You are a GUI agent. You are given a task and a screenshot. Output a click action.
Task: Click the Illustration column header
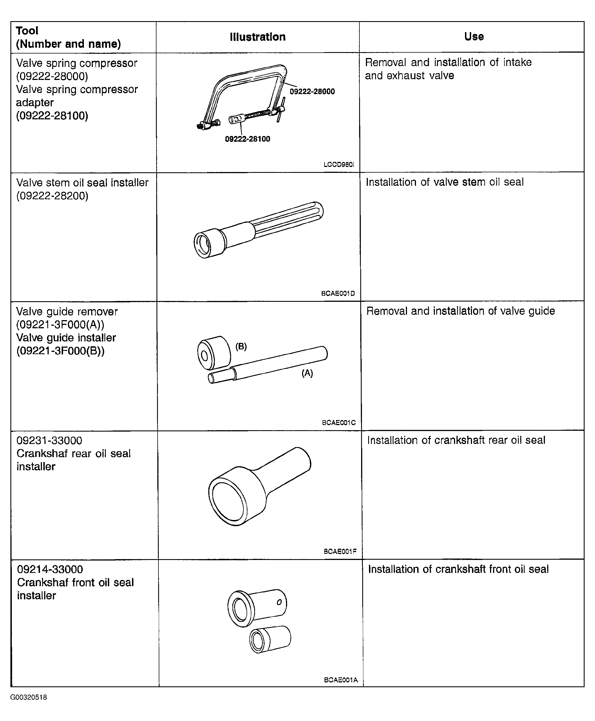point(258,37)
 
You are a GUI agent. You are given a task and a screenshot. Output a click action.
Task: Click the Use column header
point(474,36)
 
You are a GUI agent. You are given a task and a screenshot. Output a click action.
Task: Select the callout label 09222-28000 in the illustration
point(312,91)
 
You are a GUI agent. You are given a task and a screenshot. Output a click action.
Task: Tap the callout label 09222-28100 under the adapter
point(247,139)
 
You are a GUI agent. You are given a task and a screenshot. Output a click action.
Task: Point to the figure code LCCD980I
point(339,165)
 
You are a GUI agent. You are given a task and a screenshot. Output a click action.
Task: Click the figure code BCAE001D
point(338,293)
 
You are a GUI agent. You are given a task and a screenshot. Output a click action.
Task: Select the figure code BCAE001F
point(340,551)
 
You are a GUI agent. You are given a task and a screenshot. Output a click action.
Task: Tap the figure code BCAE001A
point(341,680)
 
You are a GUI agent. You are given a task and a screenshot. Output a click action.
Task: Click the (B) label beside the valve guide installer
point(241,346)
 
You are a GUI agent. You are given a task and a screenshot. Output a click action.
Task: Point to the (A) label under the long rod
point(307,373)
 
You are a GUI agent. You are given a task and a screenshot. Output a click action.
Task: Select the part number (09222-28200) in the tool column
point(52,196)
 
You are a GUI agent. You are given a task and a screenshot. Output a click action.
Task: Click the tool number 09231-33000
point(49,440)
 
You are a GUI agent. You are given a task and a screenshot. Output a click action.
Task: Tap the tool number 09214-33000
point(50,569)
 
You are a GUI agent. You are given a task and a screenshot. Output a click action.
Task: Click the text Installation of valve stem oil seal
point(444,182)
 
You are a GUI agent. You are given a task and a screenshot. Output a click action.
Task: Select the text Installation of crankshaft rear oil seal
point(456,440)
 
